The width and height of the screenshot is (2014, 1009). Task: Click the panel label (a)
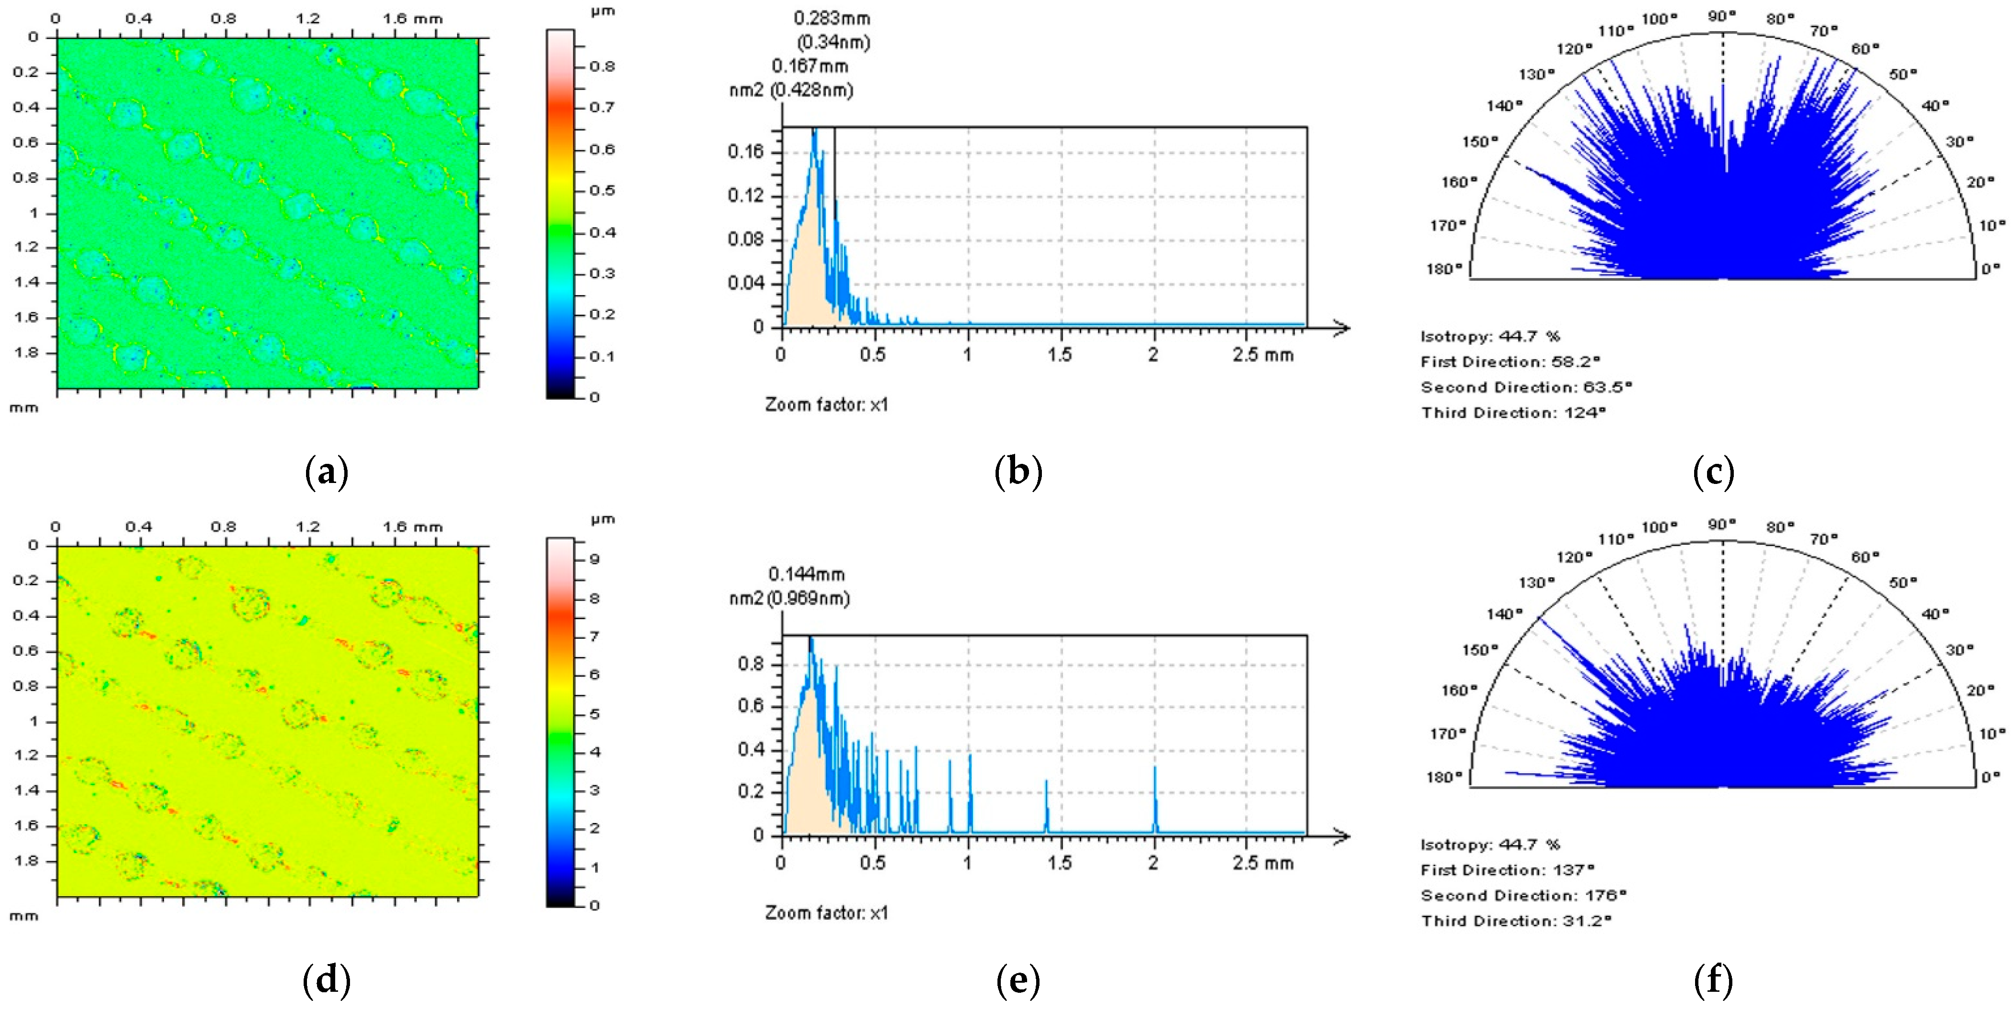326,472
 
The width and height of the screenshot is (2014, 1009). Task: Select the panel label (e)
1018,981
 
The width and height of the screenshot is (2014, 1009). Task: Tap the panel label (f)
1713,981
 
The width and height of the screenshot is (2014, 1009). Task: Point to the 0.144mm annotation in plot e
806,575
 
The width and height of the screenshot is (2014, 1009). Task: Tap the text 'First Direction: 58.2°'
1510,362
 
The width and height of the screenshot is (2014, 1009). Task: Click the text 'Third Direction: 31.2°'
1516,921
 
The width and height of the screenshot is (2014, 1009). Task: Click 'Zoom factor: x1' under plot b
826,405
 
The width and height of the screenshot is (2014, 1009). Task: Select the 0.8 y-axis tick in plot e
751,665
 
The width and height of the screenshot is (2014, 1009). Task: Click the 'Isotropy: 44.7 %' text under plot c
1490,336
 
